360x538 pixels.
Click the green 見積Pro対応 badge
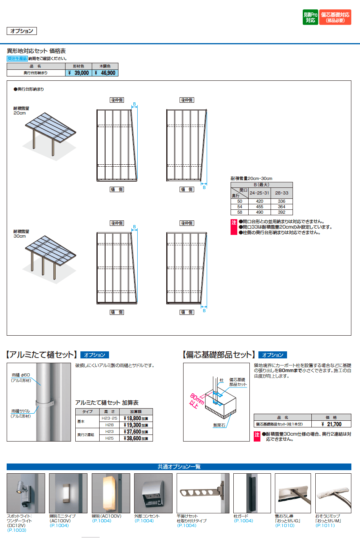310,17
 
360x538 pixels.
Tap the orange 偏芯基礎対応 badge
335,17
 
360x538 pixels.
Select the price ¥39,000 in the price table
79,73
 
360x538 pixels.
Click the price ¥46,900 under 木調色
105,73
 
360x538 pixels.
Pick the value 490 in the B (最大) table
260,212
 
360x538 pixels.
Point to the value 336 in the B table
282,201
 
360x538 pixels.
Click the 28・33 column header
282,193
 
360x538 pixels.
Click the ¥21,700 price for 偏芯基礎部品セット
331,424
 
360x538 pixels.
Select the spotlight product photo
26,493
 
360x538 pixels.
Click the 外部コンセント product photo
153,493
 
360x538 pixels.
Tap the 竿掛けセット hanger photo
203,493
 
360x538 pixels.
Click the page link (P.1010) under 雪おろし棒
285,525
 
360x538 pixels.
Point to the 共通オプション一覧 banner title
179,467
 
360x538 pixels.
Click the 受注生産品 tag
17,58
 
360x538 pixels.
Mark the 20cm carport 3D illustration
49,133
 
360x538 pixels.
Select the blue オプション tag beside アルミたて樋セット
95,355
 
